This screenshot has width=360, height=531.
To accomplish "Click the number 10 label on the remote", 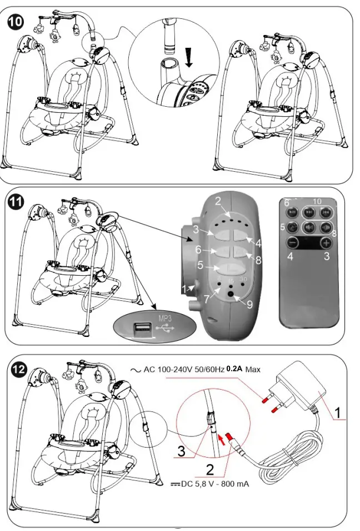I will click(317, 201).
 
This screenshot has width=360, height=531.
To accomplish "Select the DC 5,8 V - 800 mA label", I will click(211, 484).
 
